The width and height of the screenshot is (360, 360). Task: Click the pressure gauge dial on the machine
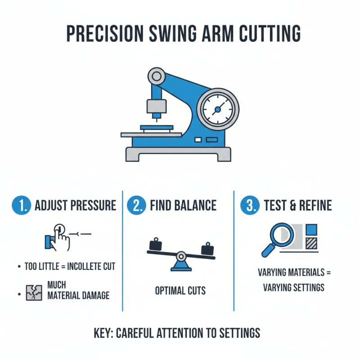coord(218,109)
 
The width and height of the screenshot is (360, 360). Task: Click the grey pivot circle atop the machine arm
coord(157,75)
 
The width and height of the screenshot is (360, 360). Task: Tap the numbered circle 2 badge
coord(136,206)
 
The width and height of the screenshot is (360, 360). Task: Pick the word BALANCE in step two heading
coord(195,206)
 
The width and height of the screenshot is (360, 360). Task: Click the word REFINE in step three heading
coord(313,206)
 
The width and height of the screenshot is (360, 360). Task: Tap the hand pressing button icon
coord(57,237)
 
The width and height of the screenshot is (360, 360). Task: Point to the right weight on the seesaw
coord(207,248)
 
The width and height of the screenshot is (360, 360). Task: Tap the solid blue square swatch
coord(311,229)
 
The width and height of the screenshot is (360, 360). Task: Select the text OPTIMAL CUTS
coord(180,290)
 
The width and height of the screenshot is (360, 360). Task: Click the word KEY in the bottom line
coord(104,333)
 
